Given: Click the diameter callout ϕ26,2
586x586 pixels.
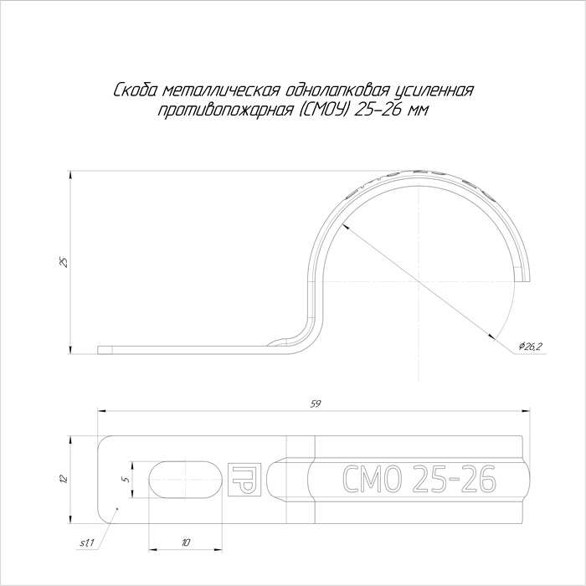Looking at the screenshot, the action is (531, 347).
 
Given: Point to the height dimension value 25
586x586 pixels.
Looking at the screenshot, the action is (64, 262).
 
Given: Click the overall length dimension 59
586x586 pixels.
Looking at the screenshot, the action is (316, 404).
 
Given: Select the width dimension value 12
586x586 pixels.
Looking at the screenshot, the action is (64, 479).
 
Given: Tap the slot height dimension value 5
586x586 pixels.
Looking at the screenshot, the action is (127, 480).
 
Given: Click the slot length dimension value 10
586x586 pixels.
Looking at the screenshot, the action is (186, 542).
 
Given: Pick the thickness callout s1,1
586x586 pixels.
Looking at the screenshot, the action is (87, 543).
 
